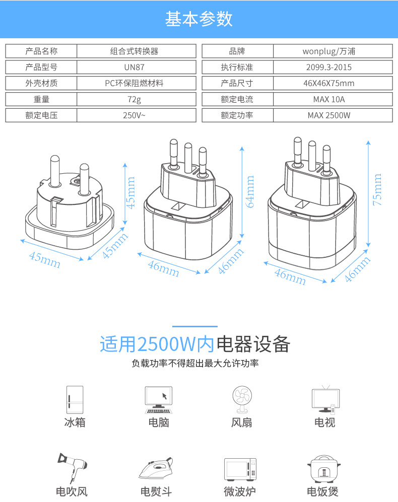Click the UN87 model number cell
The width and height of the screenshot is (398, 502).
pyautogui.click(x=136, y=67)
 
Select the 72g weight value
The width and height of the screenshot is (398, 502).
pyautogui.click(x=136, y=99)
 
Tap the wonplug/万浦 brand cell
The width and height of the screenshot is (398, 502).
pyautogui.click(x=333, y=51)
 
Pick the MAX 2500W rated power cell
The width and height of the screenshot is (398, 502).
pyautogui.click(x=333, y=115)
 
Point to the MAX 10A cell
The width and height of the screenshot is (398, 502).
pyautogui.click(x=333, y=99)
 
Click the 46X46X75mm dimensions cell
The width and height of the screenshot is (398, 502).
pyautogui.click(x=333, y=83)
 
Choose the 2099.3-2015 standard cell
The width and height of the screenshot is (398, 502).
pyautogui.click(x=333, y=67)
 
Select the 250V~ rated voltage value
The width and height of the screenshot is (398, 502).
pyautogui.click(x=136, y=115)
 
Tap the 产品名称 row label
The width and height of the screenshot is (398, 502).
pyautogui.click(x=41, y=51)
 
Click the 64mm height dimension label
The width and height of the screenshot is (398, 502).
pyautogui.click(x=250, y=191)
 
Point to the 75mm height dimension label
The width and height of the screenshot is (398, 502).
pyautogui.click(x=377, y=190)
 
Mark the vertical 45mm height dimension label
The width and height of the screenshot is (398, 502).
pyautogui.click(x=131, y=192)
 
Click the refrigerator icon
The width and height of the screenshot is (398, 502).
pyautogui.click(x=75, y=400)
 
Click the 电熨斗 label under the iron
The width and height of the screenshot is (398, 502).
pyautogui.click(x=156, y=491)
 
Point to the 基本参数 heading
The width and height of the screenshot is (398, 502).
pyautogui.click(x=199, y=19)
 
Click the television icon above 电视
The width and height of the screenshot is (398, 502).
pyautogui.click(x=325, y=399)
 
